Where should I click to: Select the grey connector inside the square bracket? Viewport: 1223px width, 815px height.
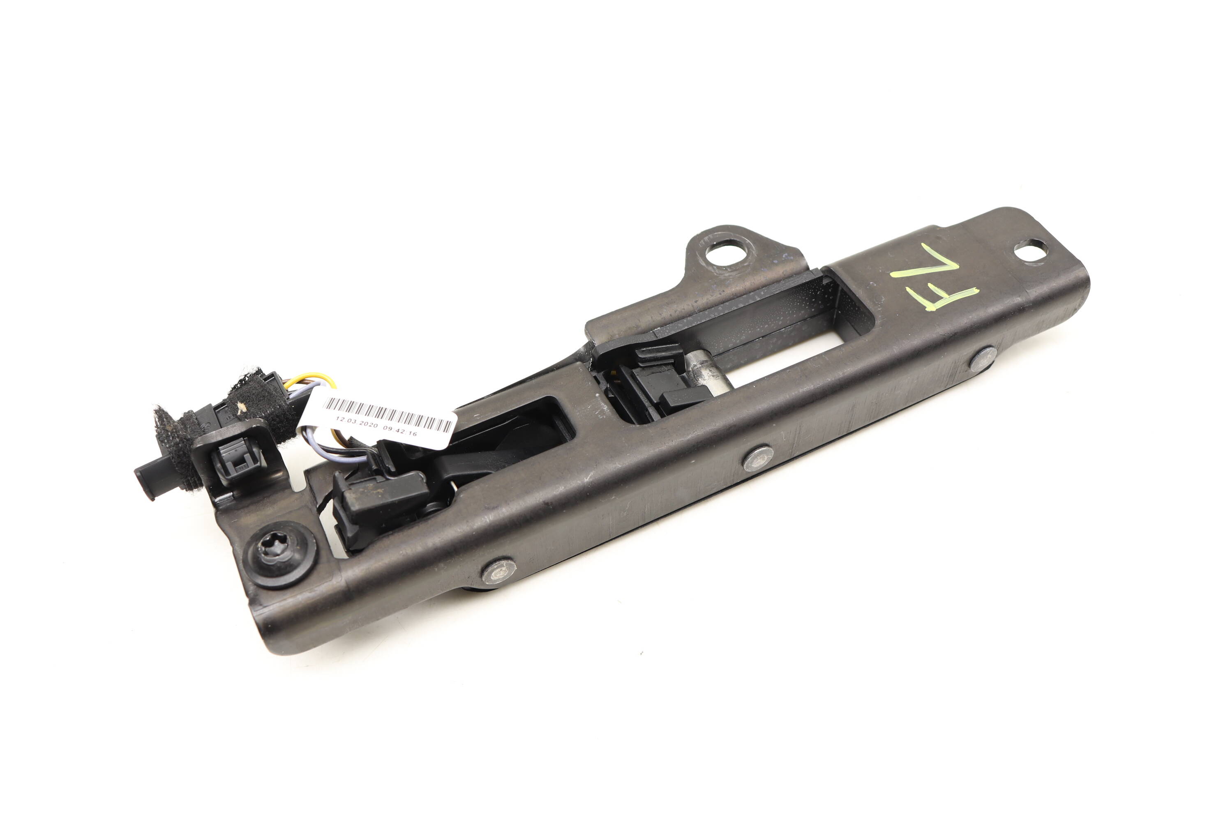click(237, 460)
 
